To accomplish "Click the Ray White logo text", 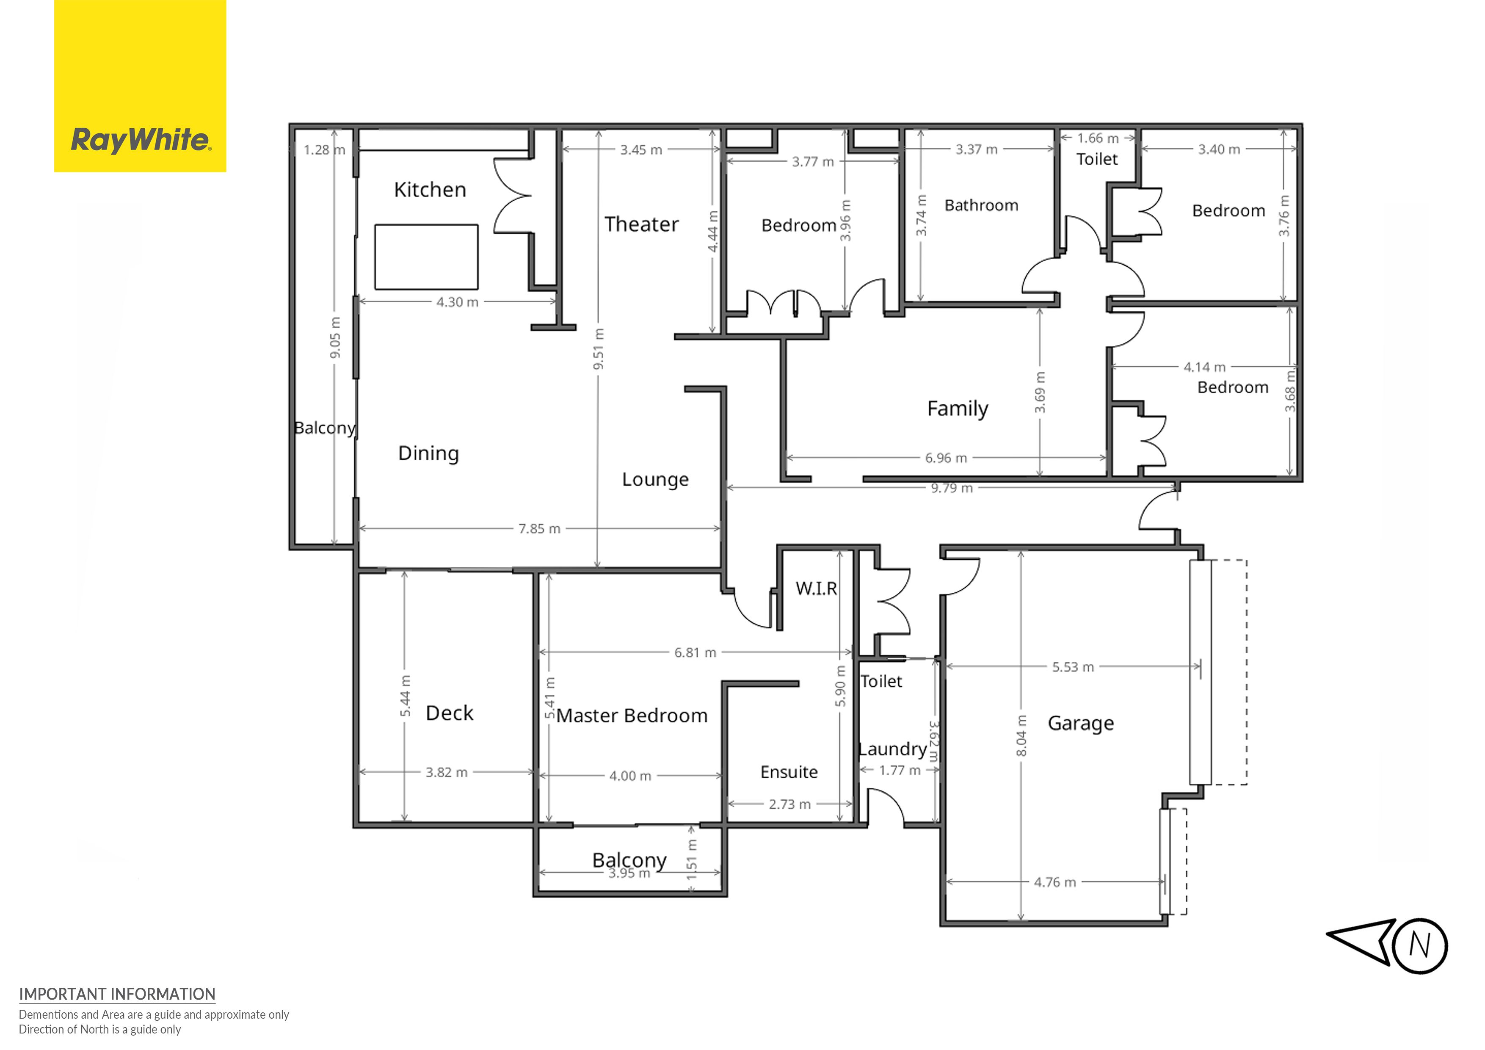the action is [x=141, y=140].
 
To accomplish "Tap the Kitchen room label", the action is [x=430, y=190].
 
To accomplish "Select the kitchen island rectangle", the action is [x=426, y=257].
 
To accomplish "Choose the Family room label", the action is [x=958, y=409].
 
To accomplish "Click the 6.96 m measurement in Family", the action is [x=946, y=458].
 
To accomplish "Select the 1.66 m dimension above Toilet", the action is [x=1098, y=138].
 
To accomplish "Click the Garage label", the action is [x=1081, y=723].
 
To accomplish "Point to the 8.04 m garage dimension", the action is [x=1021, y=735].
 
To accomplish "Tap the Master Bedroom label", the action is [x=632, y=716].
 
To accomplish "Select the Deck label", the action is [x=450, y=713].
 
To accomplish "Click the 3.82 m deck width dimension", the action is [x=446, y=772].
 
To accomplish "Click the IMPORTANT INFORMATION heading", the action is [x=117, y=995].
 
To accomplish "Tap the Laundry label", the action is [x=892, y=749].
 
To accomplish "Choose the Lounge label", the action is [x=655, y=479].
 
